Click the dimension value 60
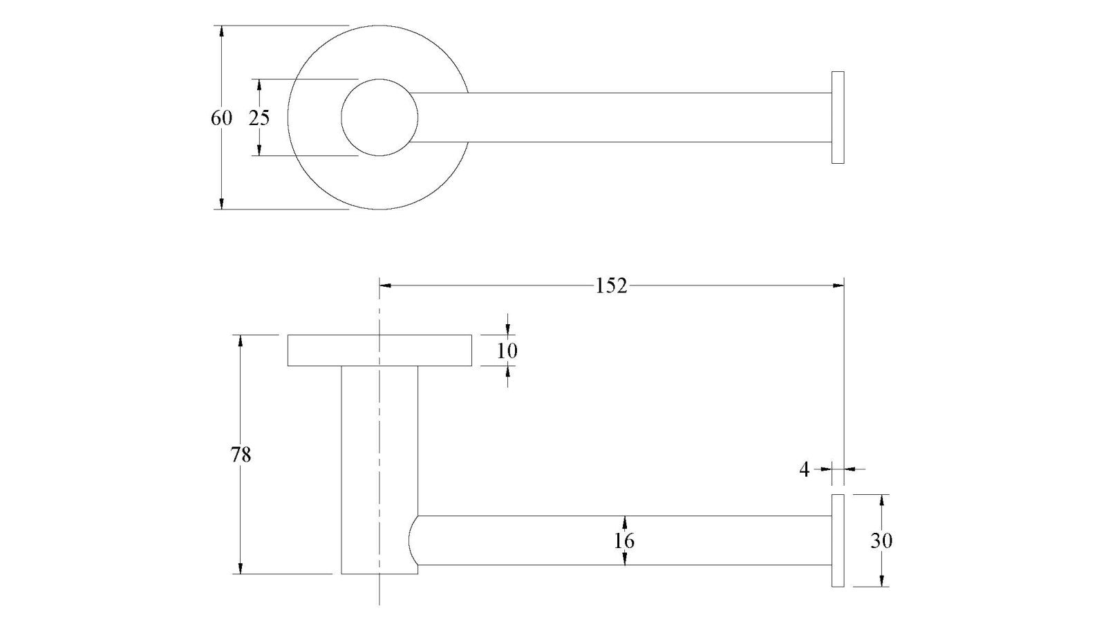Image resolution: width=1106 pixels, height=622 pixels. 221,118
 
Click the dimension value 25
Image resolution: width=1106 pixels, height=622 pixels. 259,118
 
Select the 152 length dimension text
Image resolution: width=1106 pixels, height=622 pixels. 611,286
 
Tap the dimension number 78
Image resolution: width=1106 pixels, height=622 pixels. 241,455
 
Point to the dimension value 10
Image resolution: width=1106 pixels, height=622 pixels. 507,351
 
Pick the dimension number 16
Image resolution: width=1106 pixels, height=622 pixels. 624,541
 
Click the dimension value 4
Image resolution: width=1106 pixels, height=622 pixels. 805,470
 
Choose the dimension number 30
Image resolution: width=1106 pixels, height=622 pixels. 881,541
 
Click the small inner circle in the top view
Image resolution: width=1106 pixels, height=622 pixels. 379,79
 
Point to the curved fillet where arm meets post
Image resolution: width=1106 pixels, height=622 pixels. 410,540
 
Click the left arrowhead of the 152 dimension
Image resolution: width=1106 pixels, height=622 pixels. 385,285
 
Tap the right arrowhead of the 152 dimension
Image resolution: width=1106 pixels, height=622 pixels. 838,285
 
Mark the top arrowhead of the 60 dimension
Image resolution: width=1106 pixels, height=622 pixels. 222,31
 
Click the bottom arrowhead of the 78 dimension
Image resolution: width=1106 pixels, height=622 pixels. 241,567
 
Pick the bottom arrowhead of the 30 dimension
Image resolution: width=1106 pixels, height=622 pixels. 882,581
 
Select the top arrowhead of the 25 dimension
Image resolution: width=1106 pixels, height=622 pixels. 259,85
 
